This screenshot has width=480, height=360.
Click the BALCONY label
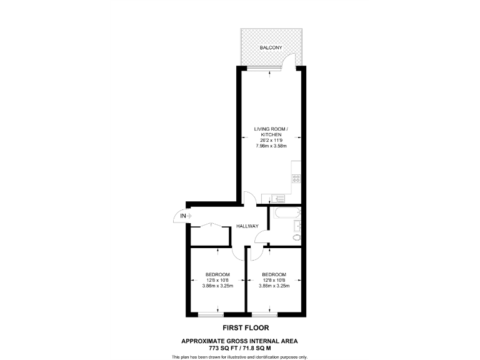pyautogui.click(x=271, y=47)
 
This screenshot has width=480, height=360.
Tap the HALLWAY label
pyautogui.click(x=247, y=226)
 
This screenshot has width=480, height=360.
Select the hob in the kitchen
pyautogui.click(x=296, y=179)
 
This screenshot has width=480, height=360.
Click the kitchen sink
pyautogui.click(x=277, y=199)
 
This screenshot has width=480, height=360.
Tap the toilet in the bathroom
pyautogui.click(x=296, y=238)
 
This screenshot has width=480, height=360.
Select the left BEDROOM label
pyautogui.click(x=217, y=274)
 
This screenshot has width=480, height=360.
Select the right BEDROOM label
pyautogui.click(x=274, y=274)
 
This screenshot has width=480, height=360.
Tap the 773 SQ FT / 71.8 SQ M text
pyautogui.click(x=239, y=347)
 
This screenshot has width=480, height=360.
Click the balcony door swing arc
pyautogui.click(x=288, y=61)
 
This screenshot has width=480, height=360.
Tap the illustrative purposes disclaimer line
pyautogui.click(x=239, y=356)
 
